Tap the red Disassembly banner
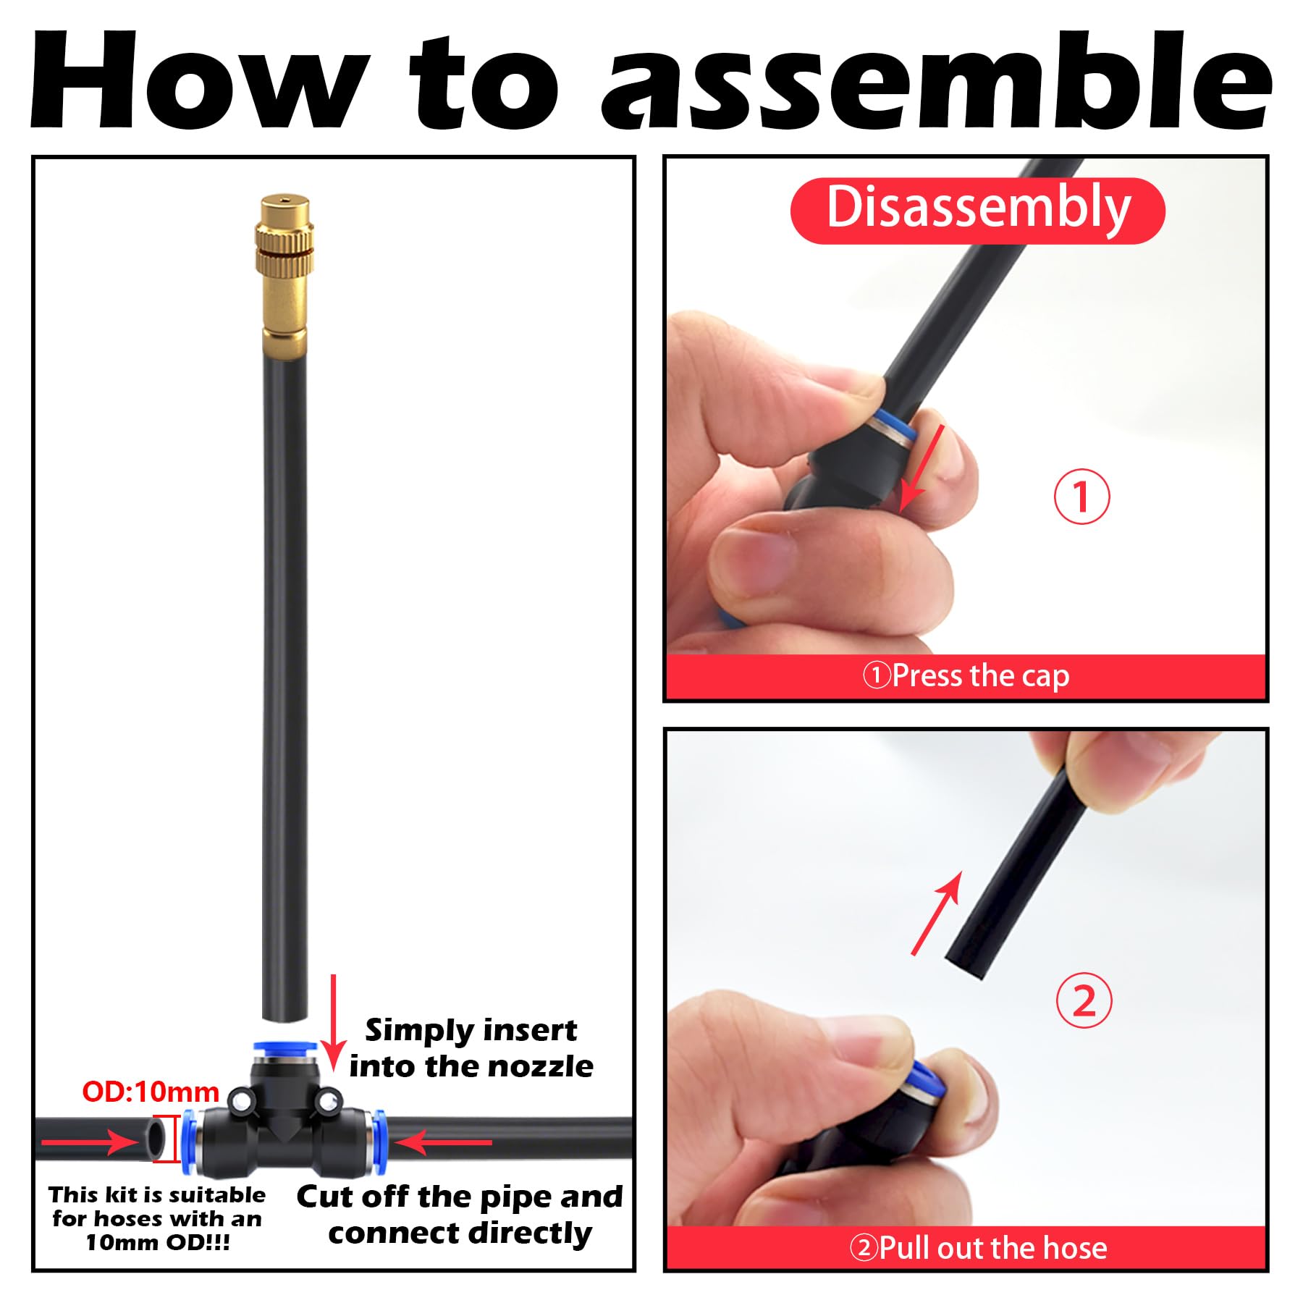pos(977,210)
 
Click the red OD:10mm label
pos(151,1091)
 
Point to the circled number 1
pos(1081,497)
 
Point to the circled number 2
pos(1084,1002)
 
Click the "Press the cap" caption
pos(966,675)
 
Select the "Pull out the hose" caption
pos(978,1247)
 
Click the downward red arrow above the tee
pos(334,1022)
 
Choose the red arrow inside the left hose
pos(88,1142)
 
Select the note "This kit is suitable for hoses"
pos(157,1218)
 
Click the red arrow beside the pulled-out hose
pos(937,913)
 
